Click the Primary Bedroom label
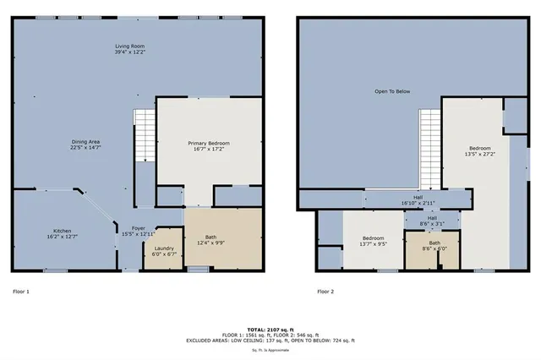(208, 143)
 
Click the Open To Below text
(394, 90)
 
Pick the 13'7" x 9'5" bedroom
(373, 243)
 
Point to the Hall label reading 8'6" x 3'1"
(432, 220)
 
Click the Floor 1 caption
(21, 292)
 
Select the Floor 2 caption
(325, 292)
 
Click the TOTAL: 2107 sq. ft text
(270, 329)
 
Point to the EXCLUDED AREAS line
(270, 340)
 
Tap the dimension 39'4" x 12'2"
(130, 52)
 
